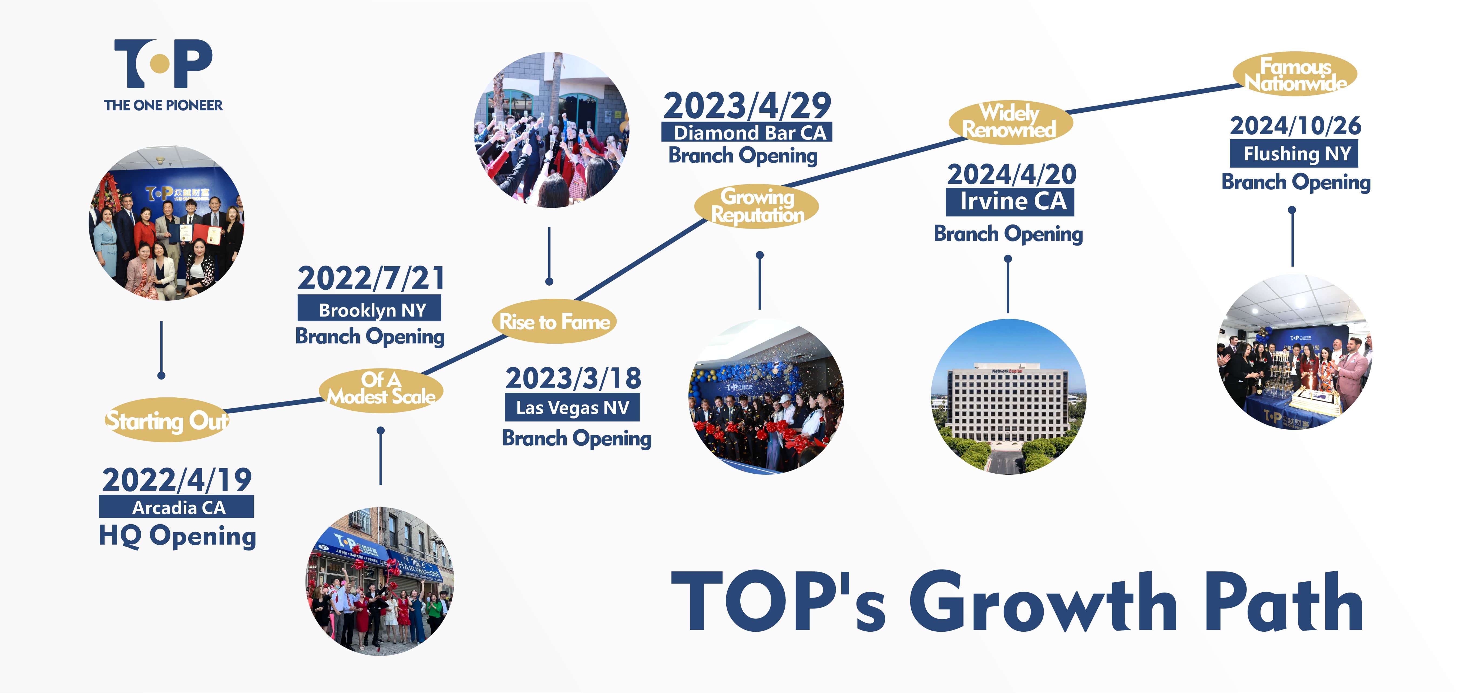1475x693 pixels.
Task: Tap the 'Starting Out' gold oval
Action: pos(167,420)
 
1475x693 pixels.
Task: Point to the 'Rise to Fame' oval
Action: pos(554,321)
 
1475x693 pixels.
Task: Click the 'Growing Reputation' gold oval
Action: pos(756,206)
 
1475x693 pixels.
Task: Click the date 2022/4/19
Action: pos(177,479)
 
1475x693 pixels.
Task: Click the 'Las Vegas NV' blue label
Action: pos(572,407)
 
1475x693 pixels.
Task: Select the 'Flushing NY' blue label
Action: pos(1293,153)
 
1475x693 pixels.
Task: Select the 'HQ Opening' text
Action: pos(177,536)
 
